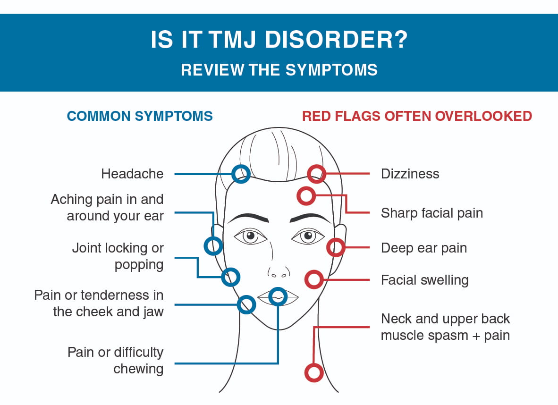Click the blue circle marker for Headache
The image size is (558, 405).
pos(241,174)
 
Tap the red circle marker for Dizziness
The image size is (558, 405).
pos(316,174)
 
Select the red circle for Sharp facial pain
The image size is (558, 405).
pos(306,195)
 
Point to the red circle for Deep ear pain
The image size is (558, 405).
pos(336,247)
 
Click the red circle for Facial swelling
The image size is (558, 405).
pos(314,279)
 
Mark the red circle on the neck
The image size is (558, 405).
pos(314,372)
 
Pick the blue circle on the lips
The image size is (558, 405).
pos(278,296)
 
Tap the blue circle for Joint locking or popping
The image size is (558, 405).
pos(231,277)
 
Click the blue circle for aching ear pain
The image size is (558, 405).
pos(213,246)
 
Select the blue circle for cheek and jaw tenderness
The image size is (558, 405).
pos(246,304)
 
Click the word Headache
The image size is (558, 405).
pos(132,174)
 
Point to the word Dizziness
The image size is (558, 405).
pos(410,174)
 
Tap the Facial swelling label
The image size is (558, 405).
pos(424,280)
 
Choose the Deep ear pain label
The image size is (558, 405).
pos(423,248)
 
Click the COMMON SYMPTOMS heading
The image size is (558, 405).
pos(140,116)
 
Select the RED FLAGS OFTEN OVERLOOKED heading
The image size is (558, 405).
pos(417,116)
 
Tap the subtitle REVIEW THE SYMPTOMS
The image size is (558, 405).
pos(279,70)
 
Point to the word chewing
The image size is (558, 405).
pos(138,369)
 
